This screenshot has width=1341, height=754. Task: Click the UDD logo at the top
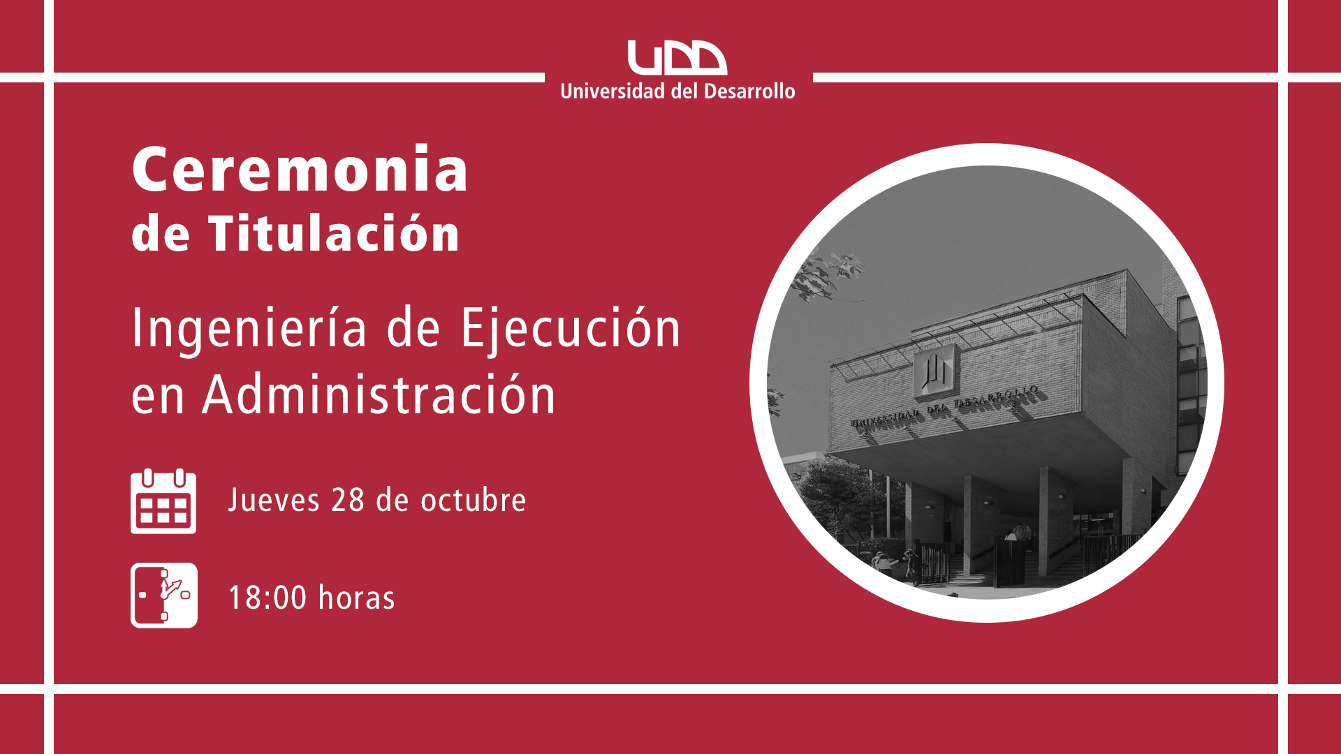tap(677, 57)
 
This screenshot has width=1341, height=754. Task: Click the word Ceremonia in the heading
tap(300, 169)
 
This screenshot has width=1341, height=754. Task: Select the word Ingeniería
tap(249, 329)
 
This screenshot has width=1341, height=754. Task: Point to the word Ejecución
tap(571, 329)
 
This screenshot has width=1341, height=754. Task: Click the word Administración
tap(379, 394)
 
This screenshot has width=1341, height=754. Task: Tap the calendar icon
tap(163, 501)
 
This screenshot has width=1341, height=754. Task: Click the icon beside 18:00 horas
tap(164, 596)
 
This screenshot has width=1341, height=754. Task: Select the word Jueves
tap(274, 501)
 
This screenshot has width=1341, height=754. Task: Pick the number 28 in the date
tap(348, 501)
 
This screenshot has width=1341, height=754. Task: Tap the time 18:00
tap(268, 598)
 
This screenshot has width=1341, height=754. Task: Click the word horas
tap(356, 598)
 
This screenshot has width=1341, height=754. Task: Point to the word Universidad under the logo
tap(613, 91)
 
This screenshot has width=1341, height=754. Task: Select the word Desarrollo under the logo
tap(749, 91)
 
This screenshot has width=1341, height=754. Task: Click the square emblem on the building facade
tap(935, 371)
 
